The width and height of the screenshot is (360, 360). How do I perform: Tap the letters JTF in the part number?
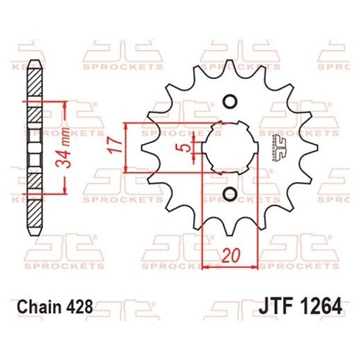point(277,305)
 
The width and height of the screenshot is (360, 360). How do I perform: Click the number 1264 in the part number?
point(321,305)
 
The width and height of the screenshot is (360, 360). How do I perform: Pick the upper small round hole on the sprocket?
point(229,102)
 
